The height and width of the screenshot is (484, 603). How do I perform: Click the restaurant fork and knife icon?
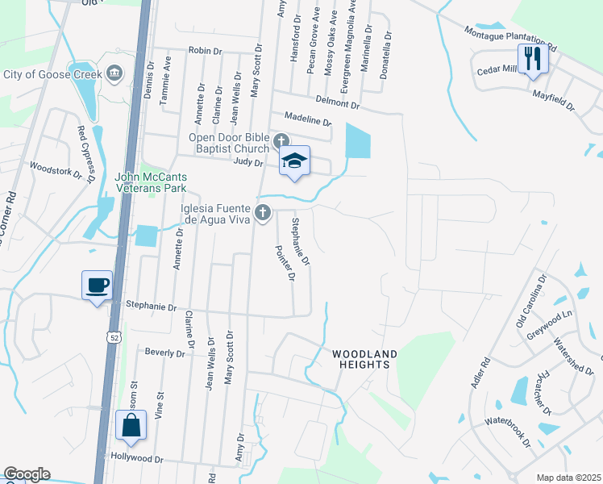coord(533,59)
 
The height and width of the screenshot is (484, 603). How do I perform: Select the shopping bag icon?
coord(131,425)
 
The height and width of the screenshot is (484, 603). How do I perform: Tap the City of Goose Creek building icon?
coord(114,73)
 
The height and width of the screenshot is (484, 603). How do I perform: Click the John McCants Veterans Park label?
coord(151,182)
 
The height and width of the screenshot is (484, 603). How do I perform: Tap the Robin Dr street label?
coord(205,50)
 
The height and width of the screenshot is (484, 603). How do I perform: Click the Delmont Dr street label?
coord(337,102)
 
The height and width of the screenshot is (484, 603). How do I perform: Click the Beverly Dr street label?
coord(164,351)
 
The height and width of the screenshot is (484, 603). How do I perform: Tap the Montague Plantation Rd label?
coord(510,36)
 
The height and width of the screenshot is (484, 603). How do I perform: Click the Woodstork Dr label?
coord(56,172)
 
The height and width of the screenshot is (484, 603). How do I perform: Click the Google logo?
coord(27,474)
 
